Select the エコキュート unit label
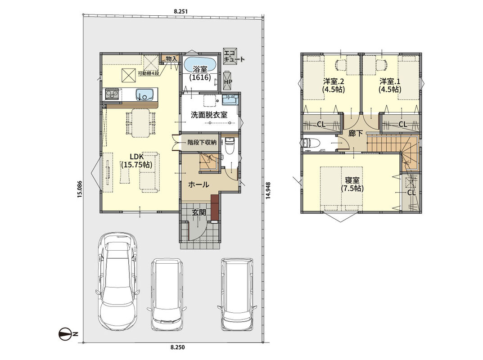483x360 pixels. [x=234, y=56]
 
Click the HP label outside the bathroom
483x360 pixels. [x=228, y=82]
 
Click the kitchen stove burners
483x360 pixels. [x=112, y=94]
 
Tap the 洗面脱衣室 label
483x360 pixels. [x=209, y=115]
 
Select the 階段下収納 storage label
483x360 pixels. [x=202, y=143]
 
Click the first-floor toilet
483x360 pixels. [x=230, y=145]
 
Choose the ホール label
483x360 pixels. [x=199, y=185]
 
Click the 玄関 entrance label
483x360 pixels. [x=199, y=212]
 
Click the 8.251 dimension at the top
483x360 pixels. [x=181, y=11]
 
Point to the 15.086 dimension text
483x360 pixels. [x=80, y=189]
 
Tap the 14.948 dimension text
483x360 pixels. [x=268, y=191]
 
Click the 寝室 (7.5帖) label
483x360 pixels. [x=352, y=184]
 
